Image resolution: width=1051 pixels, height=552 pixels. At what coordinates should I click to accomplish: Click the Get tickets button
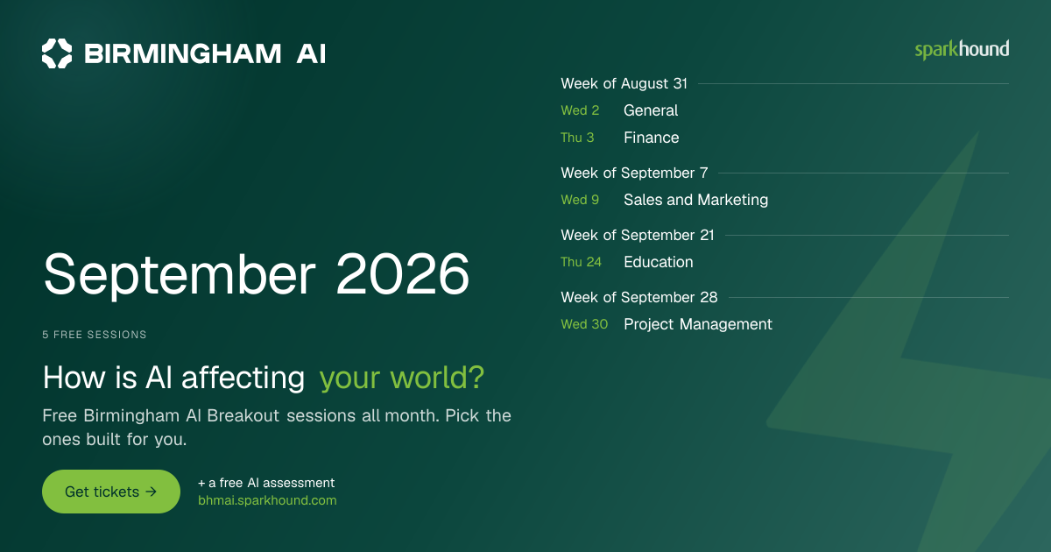click(x=111, y=492)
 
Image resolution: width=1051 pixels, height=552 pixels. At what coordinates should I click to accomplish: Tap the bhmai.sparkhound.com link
click(x=267, y=500)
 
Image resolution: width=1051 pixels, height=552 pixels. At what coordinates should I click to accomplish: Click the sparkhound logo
click(x=962, y=50)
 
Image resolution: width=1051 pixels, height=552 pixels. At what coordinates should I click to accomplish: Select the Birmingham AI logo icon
click(x=57, y=53)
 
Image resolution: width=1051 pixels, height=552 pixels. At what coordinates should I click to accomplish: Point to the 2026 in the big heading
click(x=403, y=273)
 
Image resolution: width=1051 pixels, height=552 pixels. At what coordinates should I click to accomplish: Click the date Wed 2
click(x=580, y=110)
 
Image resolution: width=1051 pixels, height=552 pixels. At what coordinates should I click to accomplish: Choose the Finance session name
click(x=652, y=138)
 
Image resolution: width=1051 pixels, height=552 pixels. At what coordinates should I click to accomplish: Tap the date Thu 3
click(x=577, y=138)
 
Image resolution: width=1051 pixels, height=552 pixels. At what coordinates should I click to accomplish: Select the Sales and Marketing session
click(x=695, y=200)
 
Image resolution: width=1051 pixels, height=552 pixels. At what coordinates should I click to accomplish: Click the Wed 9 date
click(x=580, y=200)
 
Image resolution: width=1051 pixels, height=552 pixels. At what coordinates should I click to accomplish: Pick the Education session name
click(x=659, y=262)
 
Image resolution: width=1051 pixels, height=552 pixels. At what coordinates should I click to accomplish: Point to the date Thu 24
click(x=581, y=262)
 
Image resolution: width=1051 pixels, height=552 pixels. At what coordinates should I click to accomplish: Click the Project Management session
click(x=698, y=324)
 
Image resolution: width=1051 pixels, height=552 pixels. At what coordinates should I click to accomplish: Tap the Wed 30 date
click(x=584, y=324)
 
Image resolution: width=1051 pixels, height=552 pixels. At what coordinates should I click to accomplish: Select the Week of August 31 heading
click(x=624, y=83)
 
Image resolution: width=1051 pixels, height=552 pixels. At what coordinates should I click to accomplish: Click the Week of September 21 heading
click(x=638, y=235)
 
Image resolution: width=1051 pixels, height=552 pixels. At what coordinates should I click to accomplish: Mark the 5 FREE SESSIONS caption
click(x=95, y=335)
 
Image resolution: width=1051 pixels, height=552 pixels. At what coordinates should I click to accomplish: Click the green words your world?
click(x=402, y=378)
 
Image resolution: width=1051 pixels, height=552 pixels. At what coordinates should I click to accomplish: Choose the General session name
click(x=651, y=110)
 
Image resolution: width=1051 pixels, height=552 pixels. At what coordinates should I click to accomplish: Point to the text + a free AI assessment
click(x=266, y=483)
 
